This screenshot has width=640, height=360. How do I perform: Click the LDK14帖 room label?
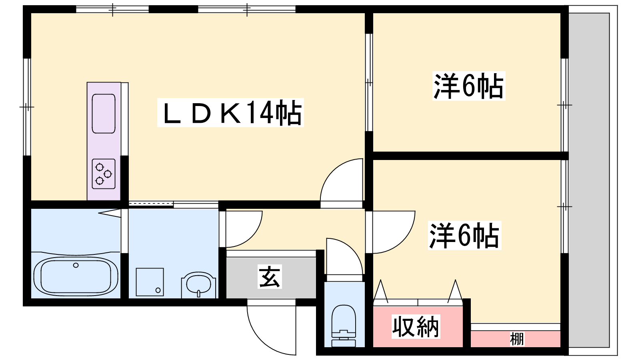coord(230,112)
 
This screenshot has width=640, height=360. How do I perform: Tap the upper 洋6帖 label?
coord(468,86)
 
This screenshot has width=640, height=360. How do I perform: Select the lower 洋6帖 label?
coord(464,235)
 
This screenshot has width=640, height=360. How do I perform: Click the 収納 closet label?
coord(416,326)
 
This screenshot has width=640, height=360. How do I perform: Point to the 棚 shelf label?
coord(517,339)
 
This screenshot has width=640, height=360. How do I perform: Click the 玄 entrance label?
coord(270,276)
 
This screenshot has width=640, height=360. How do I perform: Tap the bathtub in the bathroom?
coord(76,276)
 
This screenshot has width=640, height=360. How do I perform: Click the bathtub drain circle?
coord(76,265)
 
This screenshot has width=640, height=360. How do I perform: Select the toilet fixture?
coord(344,326)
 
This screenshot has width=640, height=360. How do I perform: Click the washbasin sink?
coord(199,285)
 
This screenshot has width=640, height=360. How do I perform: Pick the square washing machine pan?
coord(150,282)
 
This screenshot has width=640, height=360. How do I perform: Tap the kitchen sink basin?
coord(104,114)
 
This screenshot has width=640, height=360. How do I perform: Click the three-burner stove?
coord(104,174)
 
